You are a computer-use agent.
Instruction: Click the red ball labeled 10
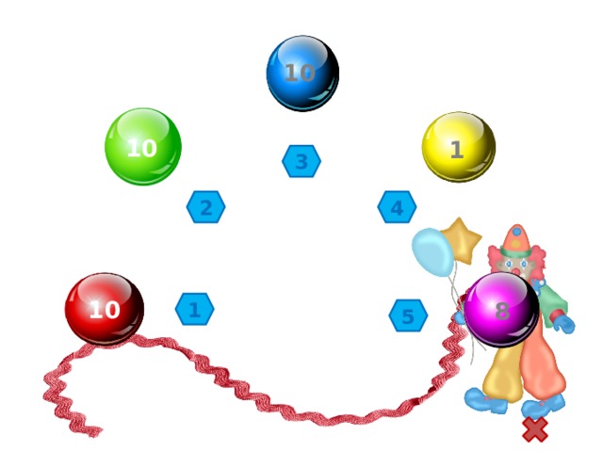(x=105, y=309)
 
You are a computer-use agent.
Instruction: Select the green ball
(x=142, y=147)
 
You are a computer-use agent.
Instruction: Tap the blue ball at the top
(x=301, y=73)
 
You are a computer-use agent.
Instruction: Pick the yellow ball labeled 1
(x=458, y=148)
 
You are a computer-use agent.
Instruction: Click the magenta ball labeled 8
(x=501, y=310)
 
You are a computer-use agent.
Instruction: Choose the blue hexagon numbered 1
(x=194, y=309)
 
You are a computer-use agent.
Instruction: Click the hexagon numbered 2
(x=205, y=207)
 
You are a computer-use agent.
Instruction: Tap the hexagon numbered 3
(x=301, y=162)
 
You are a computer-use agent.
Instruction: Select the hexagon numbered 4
(x=397, y=207)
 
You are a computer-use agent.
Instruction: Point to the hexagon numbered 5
(x=408, y=316)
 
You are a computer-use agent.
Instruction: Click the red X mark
(x=535, y=429)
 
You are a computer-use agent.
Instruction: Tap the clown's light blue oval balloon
(x=432, y=252)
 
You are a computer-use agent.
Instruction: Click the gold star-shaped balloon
(x=462, y=239)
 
